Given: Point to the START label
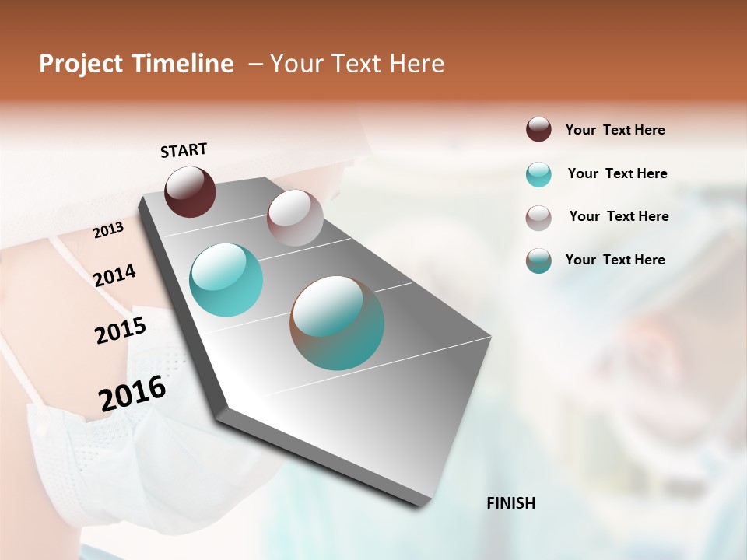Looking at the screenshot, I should [x=184, y=150].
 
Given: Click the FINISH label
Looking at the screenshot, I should [x=511, y=503].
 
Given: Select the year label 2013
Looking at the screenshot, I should [x=108, y=230].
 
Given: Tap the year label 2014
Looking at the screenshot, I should [x=114, y=275].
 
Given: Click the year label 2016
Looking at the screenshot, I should [x=132, y=394].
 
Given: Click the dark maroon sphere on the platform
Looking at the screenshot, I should [x=190, y=191].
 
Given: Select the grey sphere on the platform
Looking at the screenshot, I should [x=295, y=218].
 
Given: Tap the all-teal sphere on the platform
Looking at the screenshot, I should [x=226, y=280].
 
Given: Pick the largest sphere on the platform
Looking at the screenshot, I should [x=337, y=323].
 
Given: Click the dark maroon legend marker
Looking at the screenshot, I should [x=538, y=130].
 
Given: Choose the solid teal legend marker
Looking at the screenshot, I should [x=538, y=174].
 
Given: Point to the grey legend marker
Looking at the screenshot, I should [x=538, y=218].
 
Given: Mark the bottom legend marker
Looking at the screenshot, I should [x=538, y=261].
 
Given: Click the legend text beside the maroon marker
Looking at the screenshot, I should [x=615, y=130].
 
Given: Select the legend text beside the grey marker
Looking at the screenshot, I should [x=619, y=216].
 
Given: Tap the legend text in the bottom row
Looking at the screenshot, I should [x=615, y=260].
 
